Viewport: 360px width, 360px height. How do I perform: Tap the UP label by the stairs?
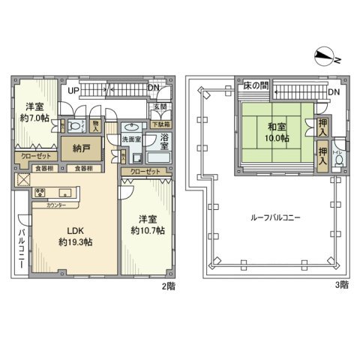(x=74, y=90)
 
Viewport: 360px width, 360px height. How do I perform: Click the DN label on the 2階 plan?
(x=153, y=90)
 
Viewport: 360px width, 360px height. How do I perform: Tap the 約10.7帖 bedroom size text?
(x=147, y=230)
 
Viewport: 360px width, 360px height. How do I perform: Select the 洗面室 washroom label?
(x=132, y=139)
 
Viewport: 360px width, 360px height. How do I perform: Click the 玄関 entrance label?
(x=160, y=106)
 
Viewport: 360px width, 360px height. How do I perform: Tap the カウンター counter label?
(x=57, y=205)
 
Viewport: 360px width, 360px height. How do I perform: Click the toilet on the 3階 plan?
(x=339, y=158)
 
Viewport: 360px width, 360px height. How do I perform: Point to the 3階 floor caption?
(x=342, y=285)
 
